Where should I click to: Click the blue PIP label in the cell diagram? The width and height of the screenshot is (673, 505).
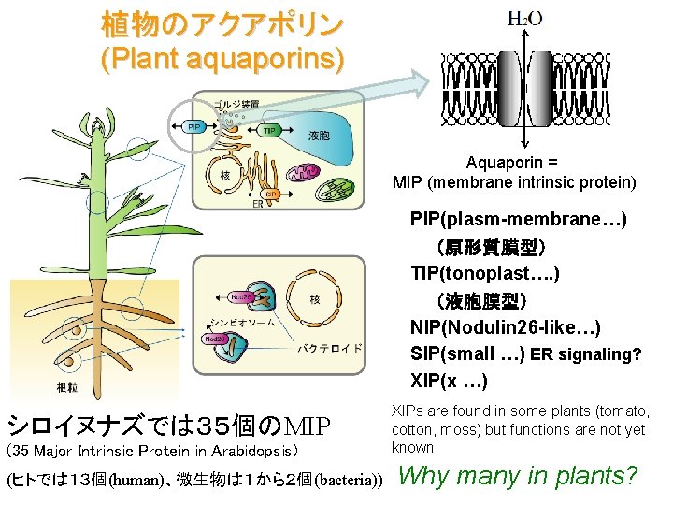pyautogui.click(x=194, y=127)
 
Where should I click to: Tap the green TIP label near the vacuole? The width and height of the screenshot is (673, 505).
pyautogui.click(x=270, y=130)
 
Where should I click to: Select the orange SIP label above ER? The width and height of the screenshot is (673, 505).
pyautogui.click(x=270, y=194)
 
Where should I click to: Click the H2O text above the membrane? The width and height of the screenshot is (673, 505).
pyautogui.click(x=525, y=18)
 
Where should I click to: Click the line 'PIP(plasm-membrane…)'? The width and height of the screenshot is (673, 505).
pyautogui.click(x=518, y=220)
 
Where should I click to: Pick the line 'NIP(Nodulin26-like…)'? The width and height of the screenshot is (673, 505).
pyautogui.click(x=505, y=327)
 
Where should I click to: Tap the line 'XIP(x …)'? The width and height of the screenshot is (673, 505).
pyautogui.click(x=449, y=381)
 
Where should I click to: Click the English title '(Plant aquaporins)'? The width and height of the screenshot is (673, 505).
pyautogui.click(x=222, y=59)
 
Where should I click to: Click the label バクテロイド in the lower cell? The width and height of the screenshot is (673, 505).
pyautogui.click(x=329, y=348)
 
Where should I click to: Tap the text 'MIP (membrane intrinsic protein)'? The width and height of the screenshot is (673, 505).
pyautogui.click(x=514, y=181)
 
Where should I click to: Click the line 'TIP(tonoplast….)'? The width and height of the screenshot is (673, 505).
pyautogui.click(x=484, y=274)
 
